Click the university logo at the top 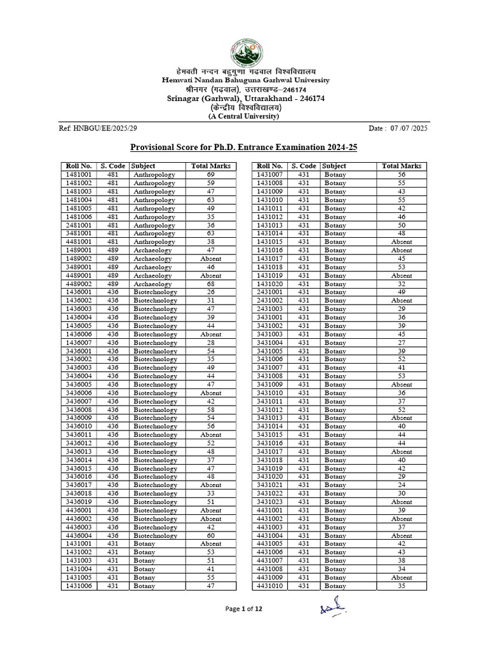click(x=244, y=50)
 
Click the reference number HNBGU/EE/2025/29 click(x=98, y=128)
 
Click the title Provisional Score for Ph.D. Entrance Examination click(x=244, y=147)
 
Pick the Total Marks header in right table click(x=402, y=166)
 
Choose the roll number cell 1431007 click(x=269, y=174)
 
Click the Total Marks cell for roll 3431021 click(x=402, y=485)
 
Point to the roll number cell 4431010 click(x=269, y=586)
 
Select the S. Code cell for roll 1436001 click(x=113, y=292)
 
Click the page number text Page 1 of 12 click(x=244, y=609)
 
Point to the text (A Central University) click(x=244, y=116)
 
